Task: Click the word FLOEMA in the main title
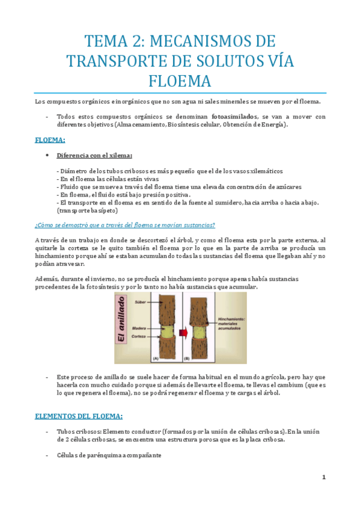(180, 79)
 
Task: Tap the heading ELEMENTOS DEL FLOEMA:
(79, 416)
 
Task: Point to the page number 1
(323, 478)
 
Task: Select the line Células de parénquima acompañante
(109, 455)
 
